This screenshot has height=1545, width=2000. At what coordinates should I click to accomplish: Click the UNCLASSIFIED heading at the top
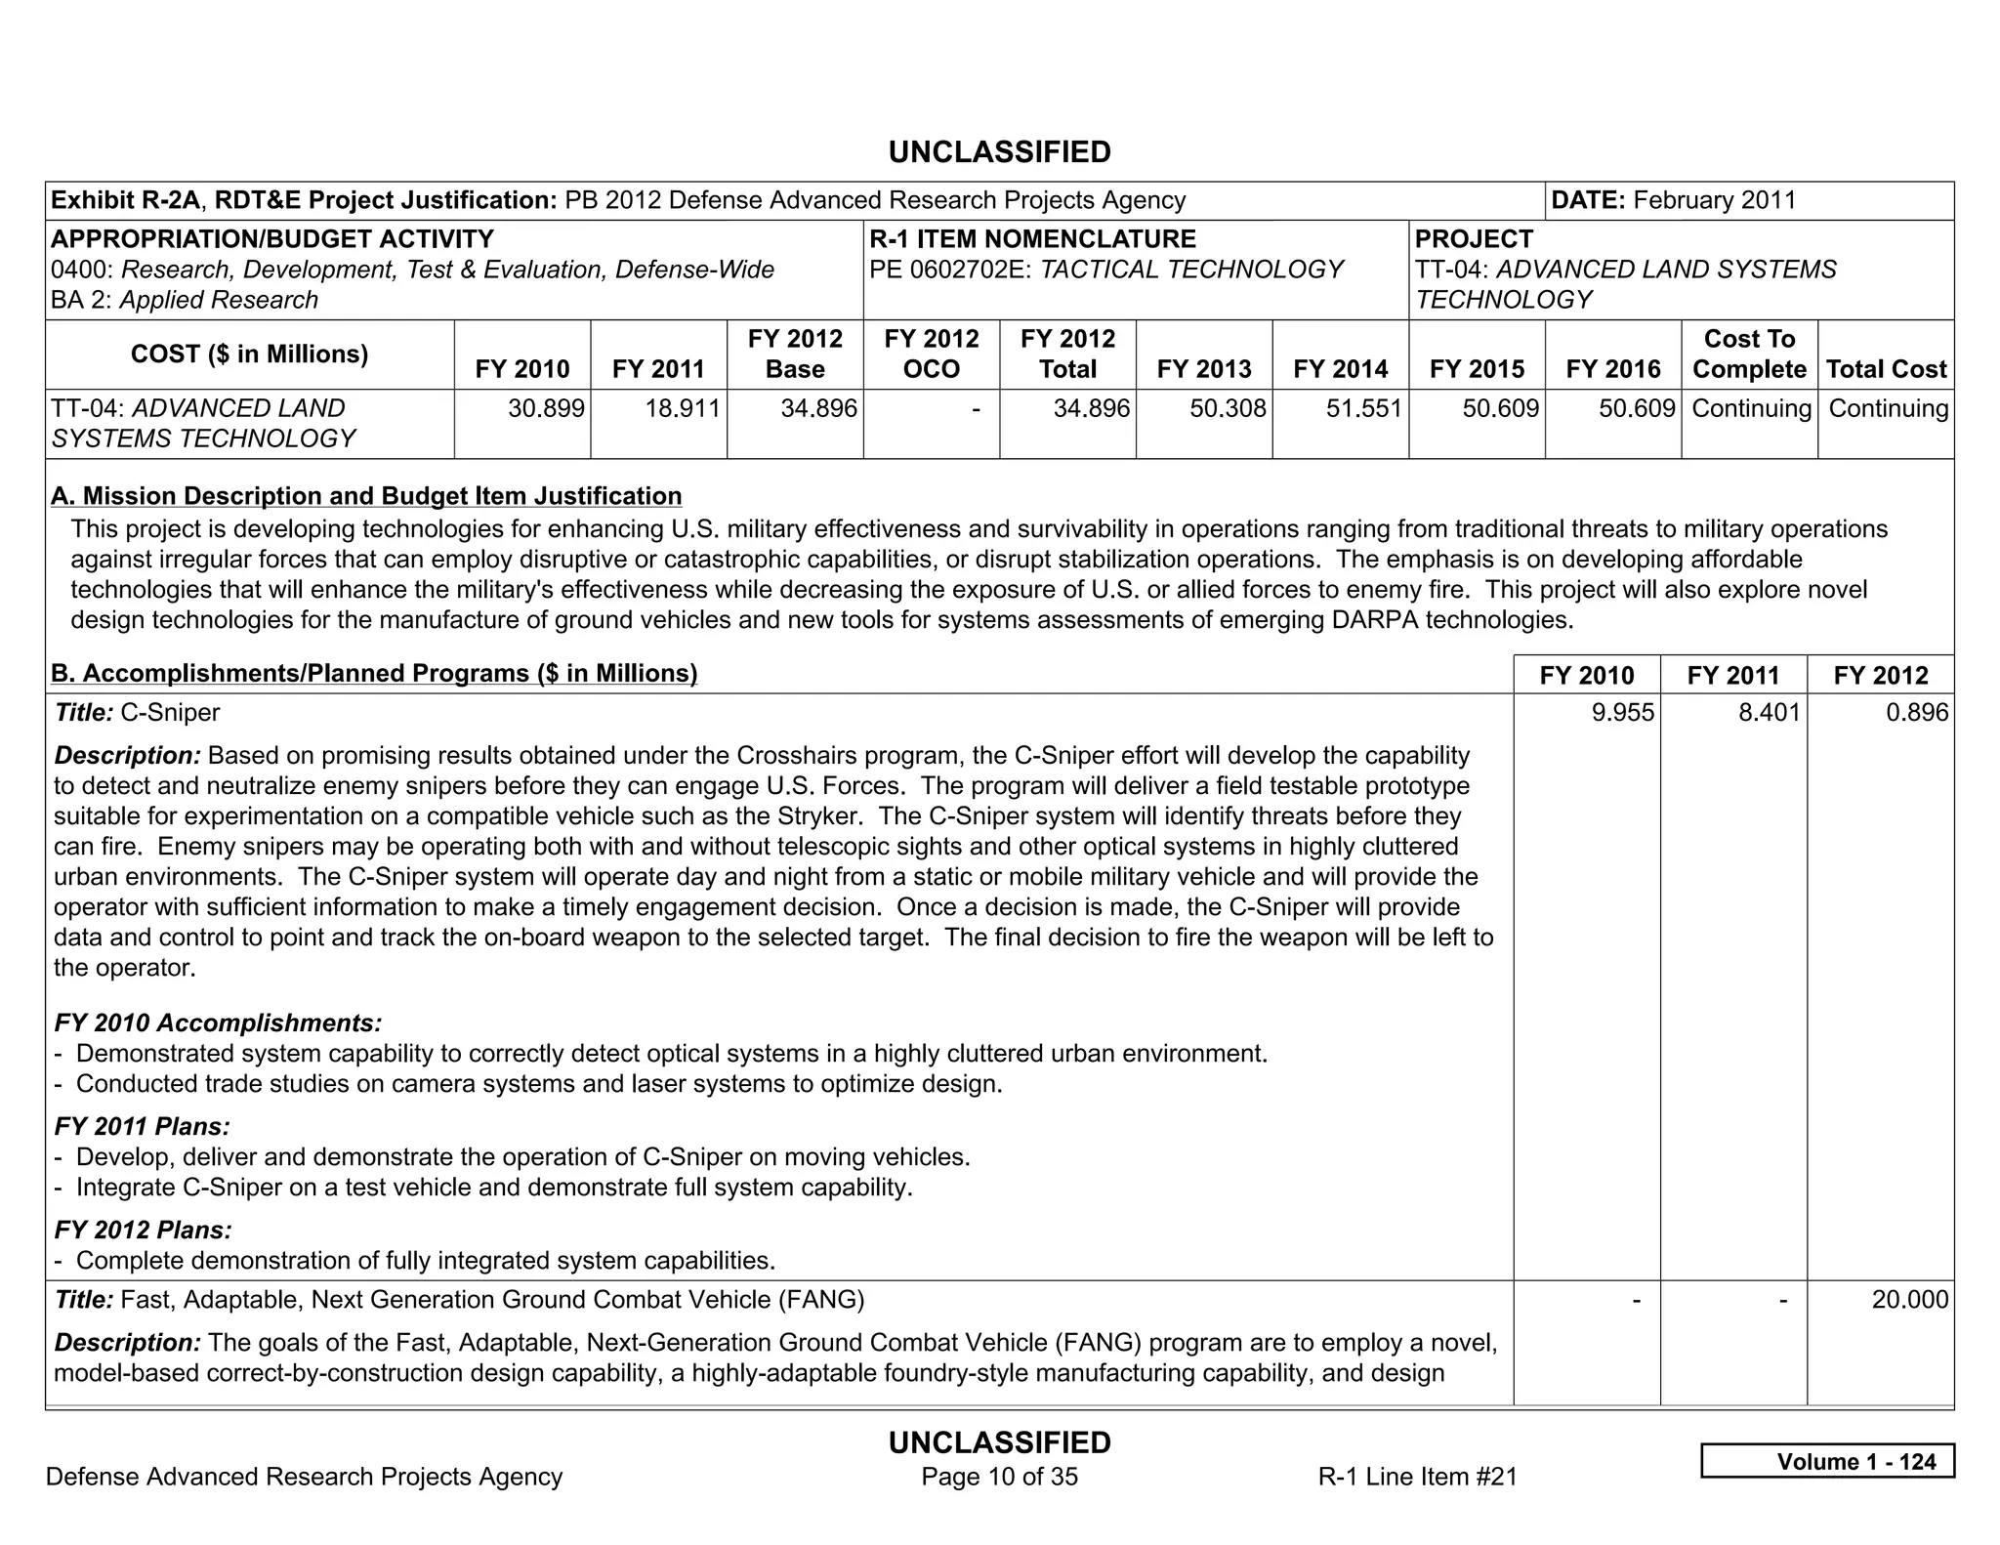tap(999, 152)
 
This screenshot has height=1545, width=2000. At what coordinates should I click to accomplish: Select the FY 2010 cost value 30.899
tap(546, 408)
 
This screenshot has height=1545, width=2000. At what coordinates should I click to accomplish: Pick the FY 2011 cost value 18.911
tap(683, 408)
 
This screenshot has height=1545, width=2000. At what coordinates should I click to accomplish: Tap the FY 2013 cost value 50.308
tap(1228, 408)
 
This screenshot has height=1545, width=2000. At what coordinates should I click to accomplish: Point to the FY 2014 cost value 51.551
tap(1364, 408)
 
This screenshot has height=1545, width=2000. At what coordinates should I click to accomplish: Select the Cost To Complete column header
tap(1749, 354)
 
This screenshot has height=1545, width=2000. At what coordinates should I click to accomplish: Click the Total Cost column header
tap(1886, 369)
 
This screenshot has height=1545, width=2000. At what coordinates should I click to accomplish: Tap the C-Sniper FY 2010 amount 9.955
tap(1622, 712)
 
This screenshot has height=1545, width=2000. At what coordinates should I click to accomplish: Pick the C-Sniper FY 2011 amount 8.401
tap(1769, 712)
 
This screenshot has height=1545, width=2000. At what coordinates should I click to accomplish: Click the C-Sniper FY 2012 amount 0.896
tap(1916, 712)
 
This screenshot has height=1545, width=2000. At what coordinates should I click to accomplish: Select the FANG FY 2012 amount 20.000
tap(1909, 1300)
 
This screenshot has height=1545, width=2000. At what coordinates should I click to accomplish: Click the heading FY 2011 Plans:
tap(143, 1127)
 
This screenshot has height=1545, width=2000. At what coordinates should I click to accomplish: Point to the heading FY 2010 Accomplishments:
tap(218, 1023)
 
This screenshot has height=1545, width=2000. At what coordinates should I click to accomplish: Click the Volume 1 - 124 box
tap(1827, 1461)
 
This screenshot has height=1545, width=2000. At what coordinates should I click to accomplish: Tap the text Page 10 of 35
tap(999, 1477)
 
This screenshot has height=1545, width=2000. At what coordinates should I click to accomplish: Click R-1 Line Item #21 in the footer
tap(1417, 1477)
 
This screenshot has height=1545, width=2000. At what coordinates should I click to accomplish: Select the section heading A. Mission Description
tap(366, 496)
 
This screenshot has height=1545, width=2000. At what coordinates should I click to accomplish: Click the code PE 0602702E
tap(950, 270)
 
